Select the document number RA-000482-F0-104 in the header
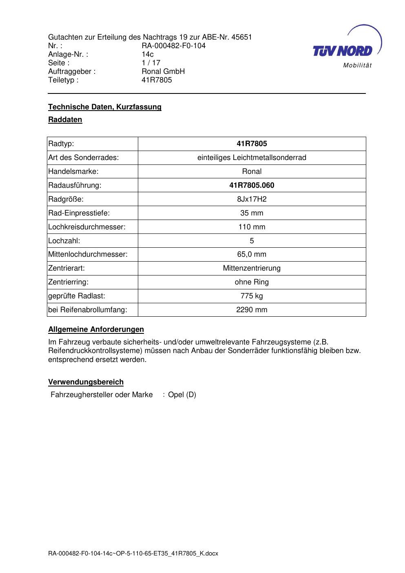pos(173,46)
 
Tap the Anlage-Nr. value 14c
pos(148,54)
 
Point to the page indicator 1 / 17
pos(151,63)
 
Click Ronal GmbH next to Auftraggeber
pos(163,71)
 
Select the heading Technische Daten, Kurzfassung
pos(105,107)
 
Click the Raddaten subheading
pos(65,120)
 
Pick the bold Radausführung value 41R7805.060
pos(252,185)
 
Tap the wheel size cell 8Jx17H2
pos(252,199)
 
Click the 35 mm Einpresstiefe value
pos(252,213)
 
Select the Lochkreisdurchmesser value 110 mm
pos(252,227)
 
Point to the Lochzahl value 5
pos(252,241)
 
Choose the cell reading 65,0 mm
pos(252,254)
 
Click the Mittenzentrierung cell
pos(252,268)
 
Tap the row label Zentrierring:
pos(68,282)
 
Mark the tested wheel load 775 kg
pos(252,296)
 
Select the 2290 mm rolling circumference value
pos(252,310)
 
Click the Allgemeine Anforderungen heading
pos(96,329)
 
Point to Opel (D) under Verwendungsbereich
pos(182,395)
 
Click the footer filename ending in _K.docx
pos(133,553)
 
